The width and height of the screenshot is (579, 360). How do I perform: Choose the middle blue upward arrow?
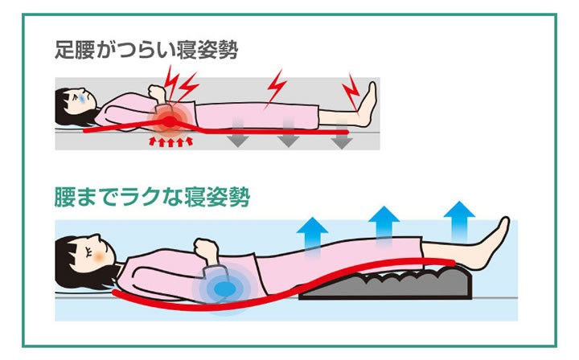(x=384, y=222)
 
